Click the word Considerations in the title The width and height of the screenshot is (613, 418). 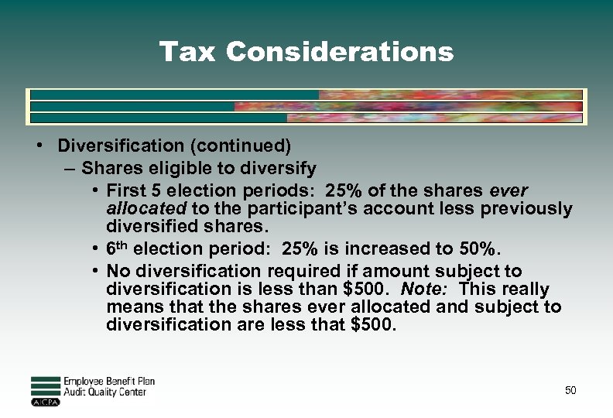(x=340, y=52)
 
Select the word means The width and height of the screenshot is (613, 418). (x=131, y=307)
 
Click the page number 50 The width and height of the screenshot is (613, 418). (x=570, y=391)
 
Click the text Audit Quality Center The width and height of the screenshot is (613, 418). (x=104, y=392)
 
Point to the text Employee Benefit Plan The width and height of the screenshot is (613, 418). (x=108, y=382)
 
